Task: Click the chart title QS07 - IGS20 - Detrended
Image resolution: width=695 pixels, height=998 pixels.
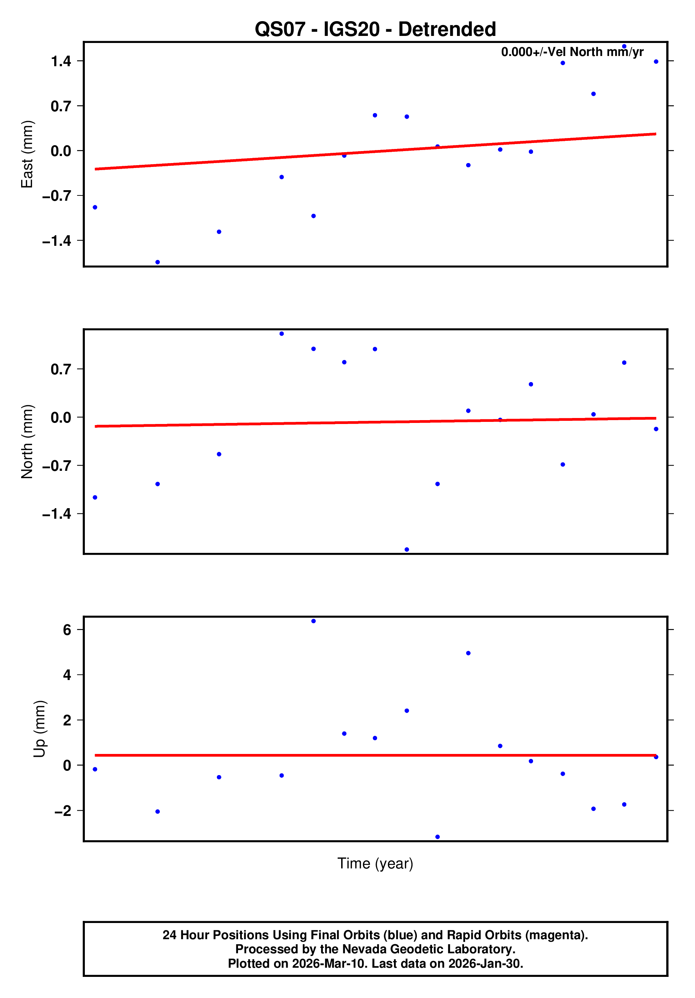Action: click(375, 30)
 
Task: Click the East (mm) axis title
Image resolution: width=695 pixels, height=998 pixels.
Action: click(27, 154)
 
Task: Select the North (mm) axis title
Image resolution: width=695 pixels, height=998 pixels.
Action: click(27, 442)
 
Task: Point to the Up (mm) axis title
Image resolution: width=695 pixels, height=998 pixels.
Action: click(39, 729)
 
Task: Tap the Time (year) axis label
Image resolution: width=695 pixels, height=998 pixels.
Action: click(375, 863)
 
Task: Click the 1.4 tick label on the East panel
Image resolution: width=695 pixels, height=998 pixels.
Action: click(61, 61)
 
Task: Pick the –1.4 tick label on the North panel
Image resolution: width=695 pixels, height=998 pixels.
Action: click(56, 514)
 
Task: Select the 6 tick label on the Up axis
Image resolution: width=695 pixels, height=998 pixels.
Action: click(67, 630)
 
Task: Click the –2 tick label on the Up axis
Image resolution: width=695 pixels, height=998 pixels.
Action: click(63, 811)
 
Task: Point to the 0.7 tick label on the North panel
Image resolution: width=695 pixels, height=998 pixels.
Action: click(61, 369)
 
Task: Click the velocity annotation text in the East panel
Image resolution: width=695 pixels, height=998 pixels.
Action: click(572, 52)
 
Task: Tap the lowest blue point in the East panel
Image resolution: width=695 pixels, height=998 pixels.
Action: click(158, 262)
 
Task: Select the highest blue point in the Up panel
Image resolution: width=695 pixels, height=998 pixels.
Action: click(313, 621)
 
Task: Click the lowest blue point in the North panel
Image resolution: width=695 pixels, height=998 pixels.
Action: click(407, 549)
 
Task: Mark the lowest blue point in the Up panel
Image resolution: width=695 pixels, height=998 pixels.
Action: click(438, 837)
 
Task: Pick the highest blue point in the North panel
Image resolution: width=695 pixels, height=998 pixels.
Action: click(282, 334)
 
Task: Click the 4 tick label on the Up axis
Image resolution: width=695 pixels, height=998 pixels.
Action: click(67, 675)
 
